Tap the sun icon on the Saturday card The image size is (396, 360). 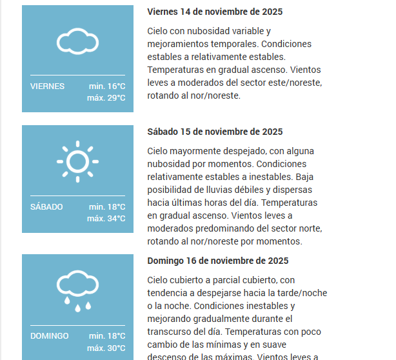point(77,159)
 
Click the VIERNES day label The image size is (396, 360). point(47,86)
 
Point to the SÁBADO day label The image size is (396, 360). point(46,207)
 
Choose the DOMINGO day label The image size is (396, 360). point(49,336)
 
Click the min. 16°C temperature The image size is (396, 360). point(107,86)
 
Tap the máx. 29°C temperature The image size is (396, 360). point(106,98)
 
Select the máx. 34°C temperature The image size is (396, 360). point(106,219)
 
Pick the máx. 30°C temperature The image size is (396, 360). point(106,348)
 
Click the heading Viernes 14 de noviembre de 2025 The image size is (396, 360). point(215,12)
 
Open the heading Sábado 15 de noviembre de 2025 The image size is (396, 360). point(215,132)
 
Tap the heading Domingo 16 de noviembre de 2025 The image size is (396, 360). point(218,261)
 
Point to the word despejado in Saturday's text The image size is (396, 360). point(232,151)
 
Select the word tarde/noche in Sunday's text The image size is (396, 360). point(303,293)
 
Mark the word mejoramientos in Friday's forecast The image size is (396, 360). point(177,44)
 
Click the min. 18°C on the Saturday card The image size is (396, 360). point(107,207)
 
